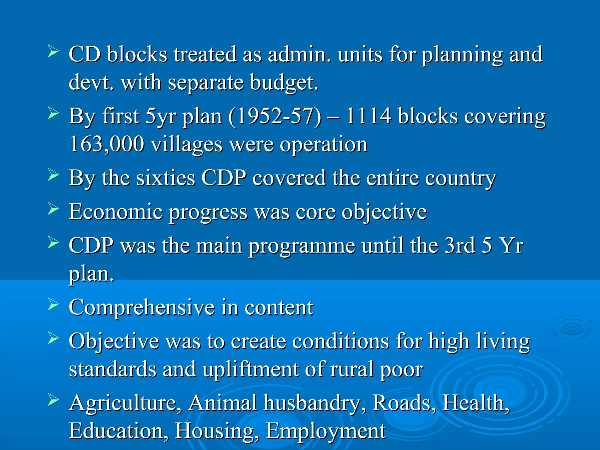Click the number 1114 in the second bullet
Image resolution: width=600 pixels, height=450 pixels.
pos(368,116)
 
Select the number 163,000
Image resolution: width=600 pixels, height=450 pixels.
pos(107,144)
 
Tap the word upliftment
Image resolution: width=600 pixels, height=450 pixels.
pos(250,369)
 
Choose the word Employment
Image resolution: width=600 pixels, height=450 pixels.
pos(325,431)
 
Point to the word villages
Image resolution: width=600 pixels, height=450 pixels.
pos(187,144)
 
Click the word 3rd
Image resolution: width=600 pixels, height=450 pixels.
pos(459,245)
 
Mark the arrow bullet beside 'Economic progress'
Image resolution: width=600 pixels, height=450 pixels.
pos(53,209)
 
